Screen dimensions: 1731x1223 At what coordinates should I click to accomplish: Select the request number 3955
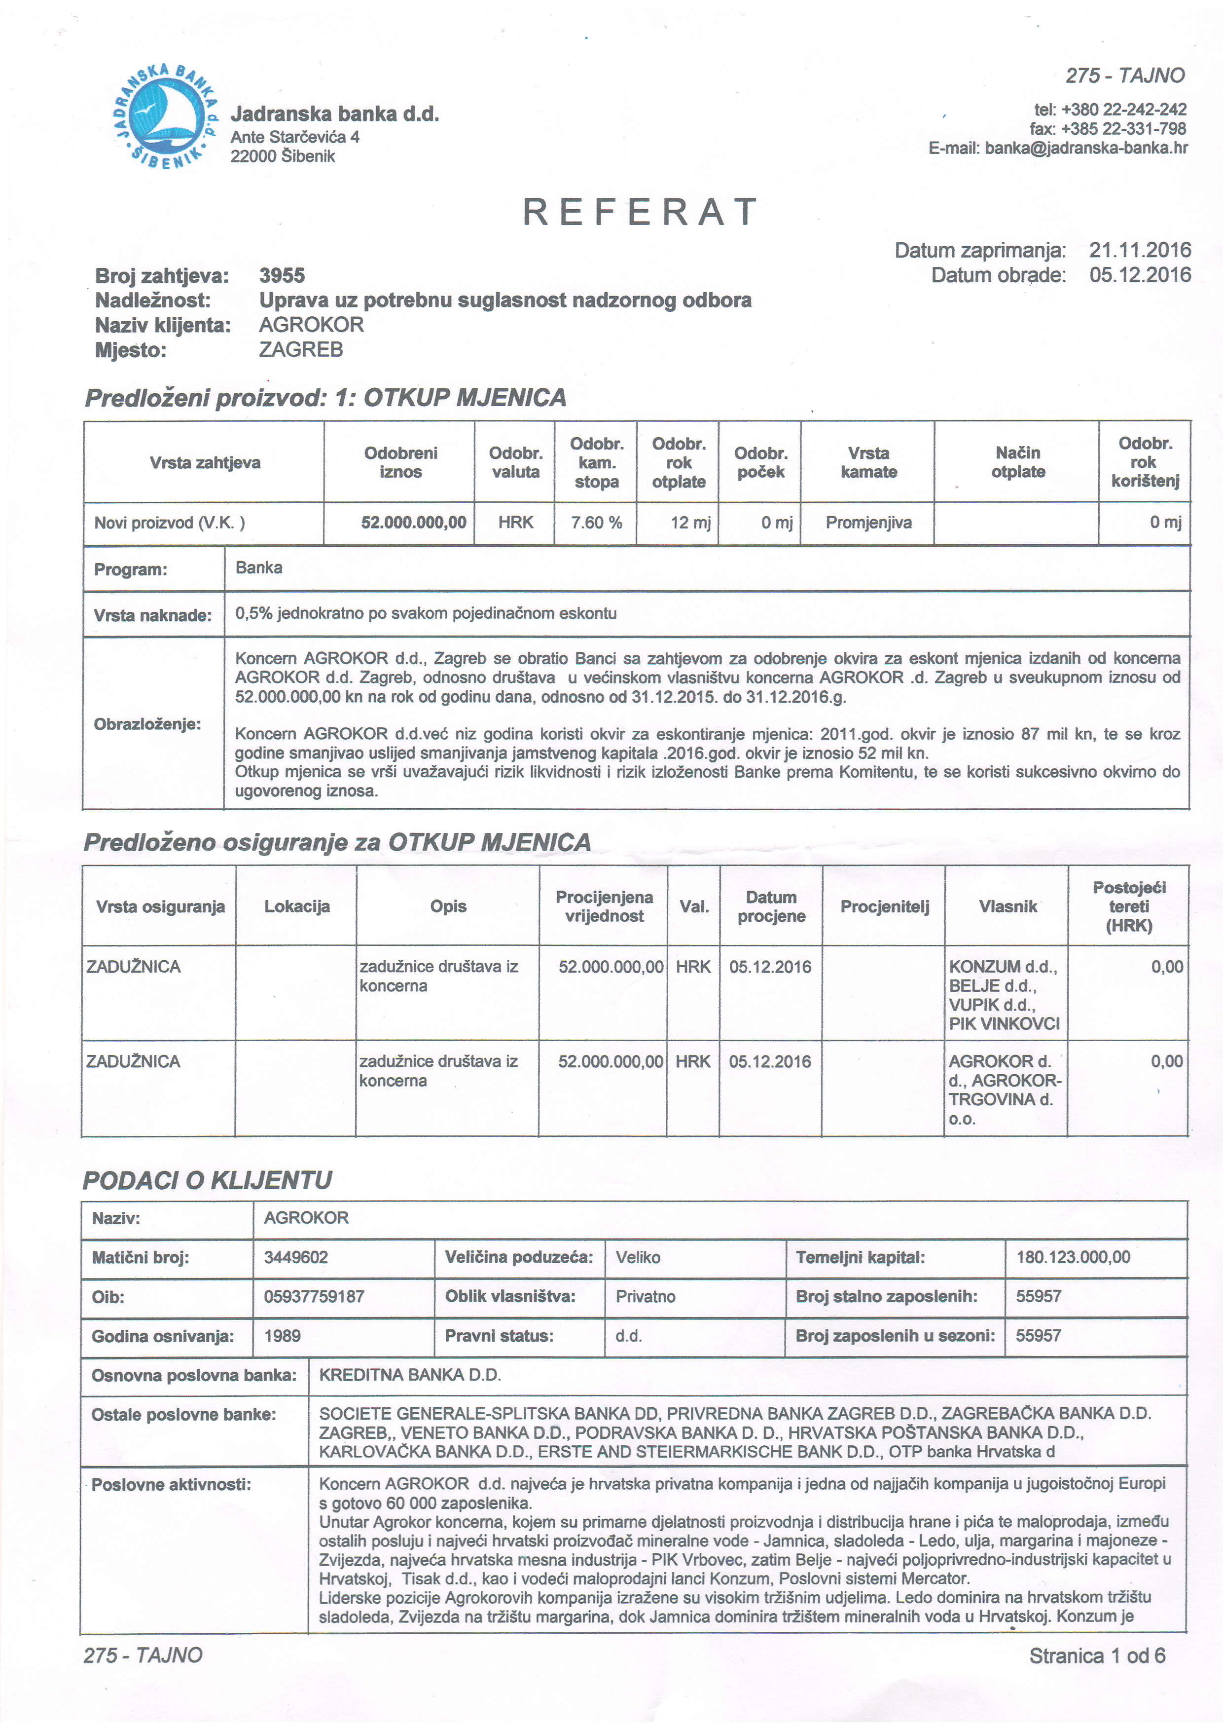(x=282, y=275)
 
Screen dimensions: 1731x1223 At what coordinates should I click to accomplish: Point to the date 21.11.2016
(x=1139, y=250)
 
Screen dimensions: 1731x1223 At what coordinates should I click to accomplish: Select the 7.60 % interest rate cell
(x=596, y=523)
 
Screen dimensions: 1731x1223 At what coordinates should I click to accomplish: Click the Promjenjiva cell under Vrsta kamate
(x=868, y=523)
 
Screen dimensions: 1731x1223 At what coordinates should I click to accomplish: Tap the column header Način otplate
(x=1017, y=462)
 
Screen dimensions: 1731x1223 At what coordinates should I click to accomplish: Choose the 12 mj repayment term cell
(x=690, y=523)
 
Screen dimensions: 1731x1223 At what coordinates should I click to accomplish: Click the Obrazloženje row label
(x=147, y=724)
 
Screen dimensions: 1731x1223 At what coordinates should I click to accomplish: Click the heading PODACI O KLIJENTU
(x=207, y=1180)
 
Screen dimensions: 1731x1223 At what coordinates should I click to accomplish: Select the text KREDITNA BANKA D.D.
(x=410, y=1375)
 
